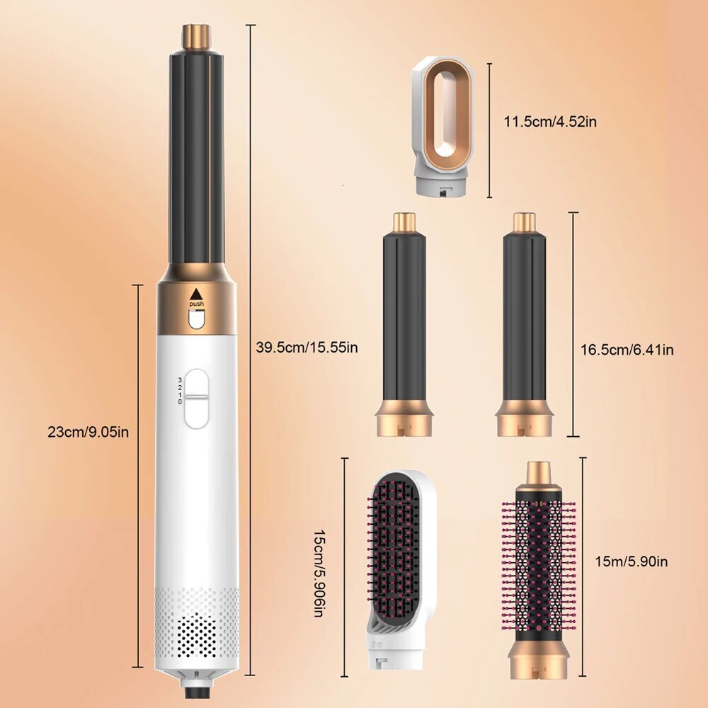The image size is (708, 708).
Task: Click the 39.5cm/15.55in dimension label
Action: pyautogui.click(x=307, y=348)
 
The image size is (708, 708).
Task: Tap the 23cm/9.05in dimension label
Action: pyautogui.click(x=88, y=430)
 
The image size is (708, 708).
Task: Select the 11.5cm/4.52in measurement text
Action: pyautogui.click(x=550, y=122)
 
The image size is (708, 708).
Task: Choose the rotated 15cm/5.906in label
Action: pyautogui.click(x=323, y=566)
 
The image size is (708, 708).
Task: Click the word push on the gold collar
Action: pyautogui.click(x=196, y=304)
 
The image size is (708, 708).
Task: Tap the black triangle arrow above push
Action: pyautogui.click(x=196, y=293)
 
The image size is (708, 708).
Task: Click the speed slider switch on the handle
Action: pyautogui.click(x=197, y=399)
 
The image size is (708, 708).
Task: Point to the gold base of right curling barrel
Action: pyautogui.click(x=525, y=418)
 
